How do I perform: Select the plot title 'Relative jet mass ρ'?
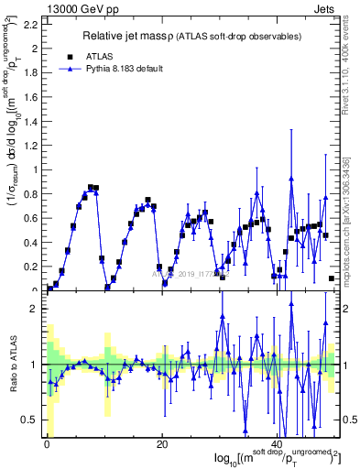coord(147,37)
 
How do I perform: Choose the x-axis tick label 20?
coord(161,446)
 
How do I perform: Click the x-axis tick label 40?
coord(276,446)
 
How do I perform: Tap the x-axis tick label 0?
coord(47,446)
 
